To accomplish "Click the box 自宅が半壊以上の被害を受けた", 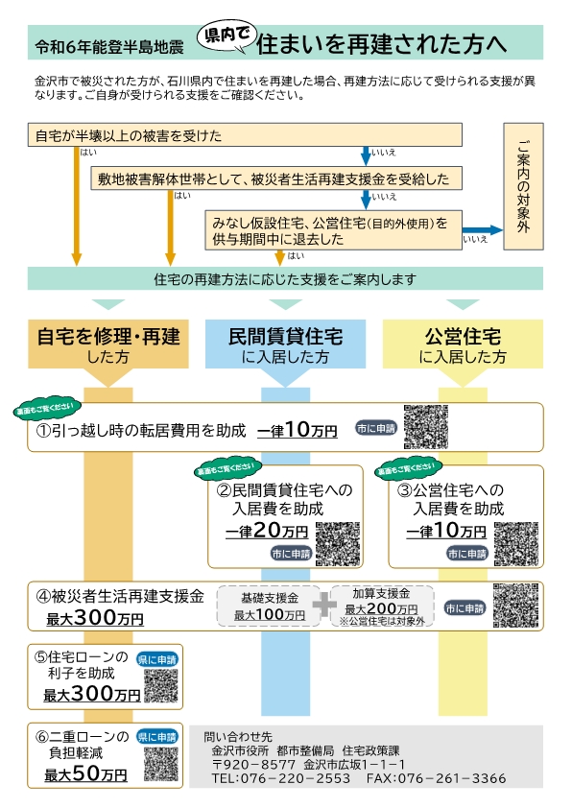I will tap(246, 136).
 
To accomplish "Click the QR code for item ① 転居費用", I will tap(427, 427).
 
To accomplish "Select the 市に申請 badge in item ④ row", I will tap(465, 608).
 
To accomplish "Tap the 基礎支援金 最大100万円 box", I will tap(270, 606).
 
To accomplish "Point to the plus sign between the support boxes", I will tap(325, 605).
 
